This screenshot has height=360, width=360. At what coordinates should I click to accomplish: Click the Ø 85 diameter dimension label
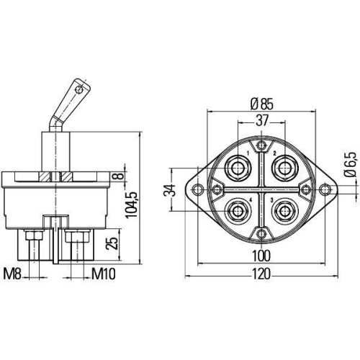point(261,103)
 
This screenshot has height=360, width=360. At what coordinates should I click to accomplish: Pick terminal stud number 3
point(284,211)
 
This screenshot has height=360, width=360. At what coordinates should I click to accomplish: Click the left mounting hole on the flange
point(196,189)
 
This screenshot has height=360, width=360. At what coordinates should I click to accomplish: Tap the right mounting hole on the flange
point(325,189)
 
